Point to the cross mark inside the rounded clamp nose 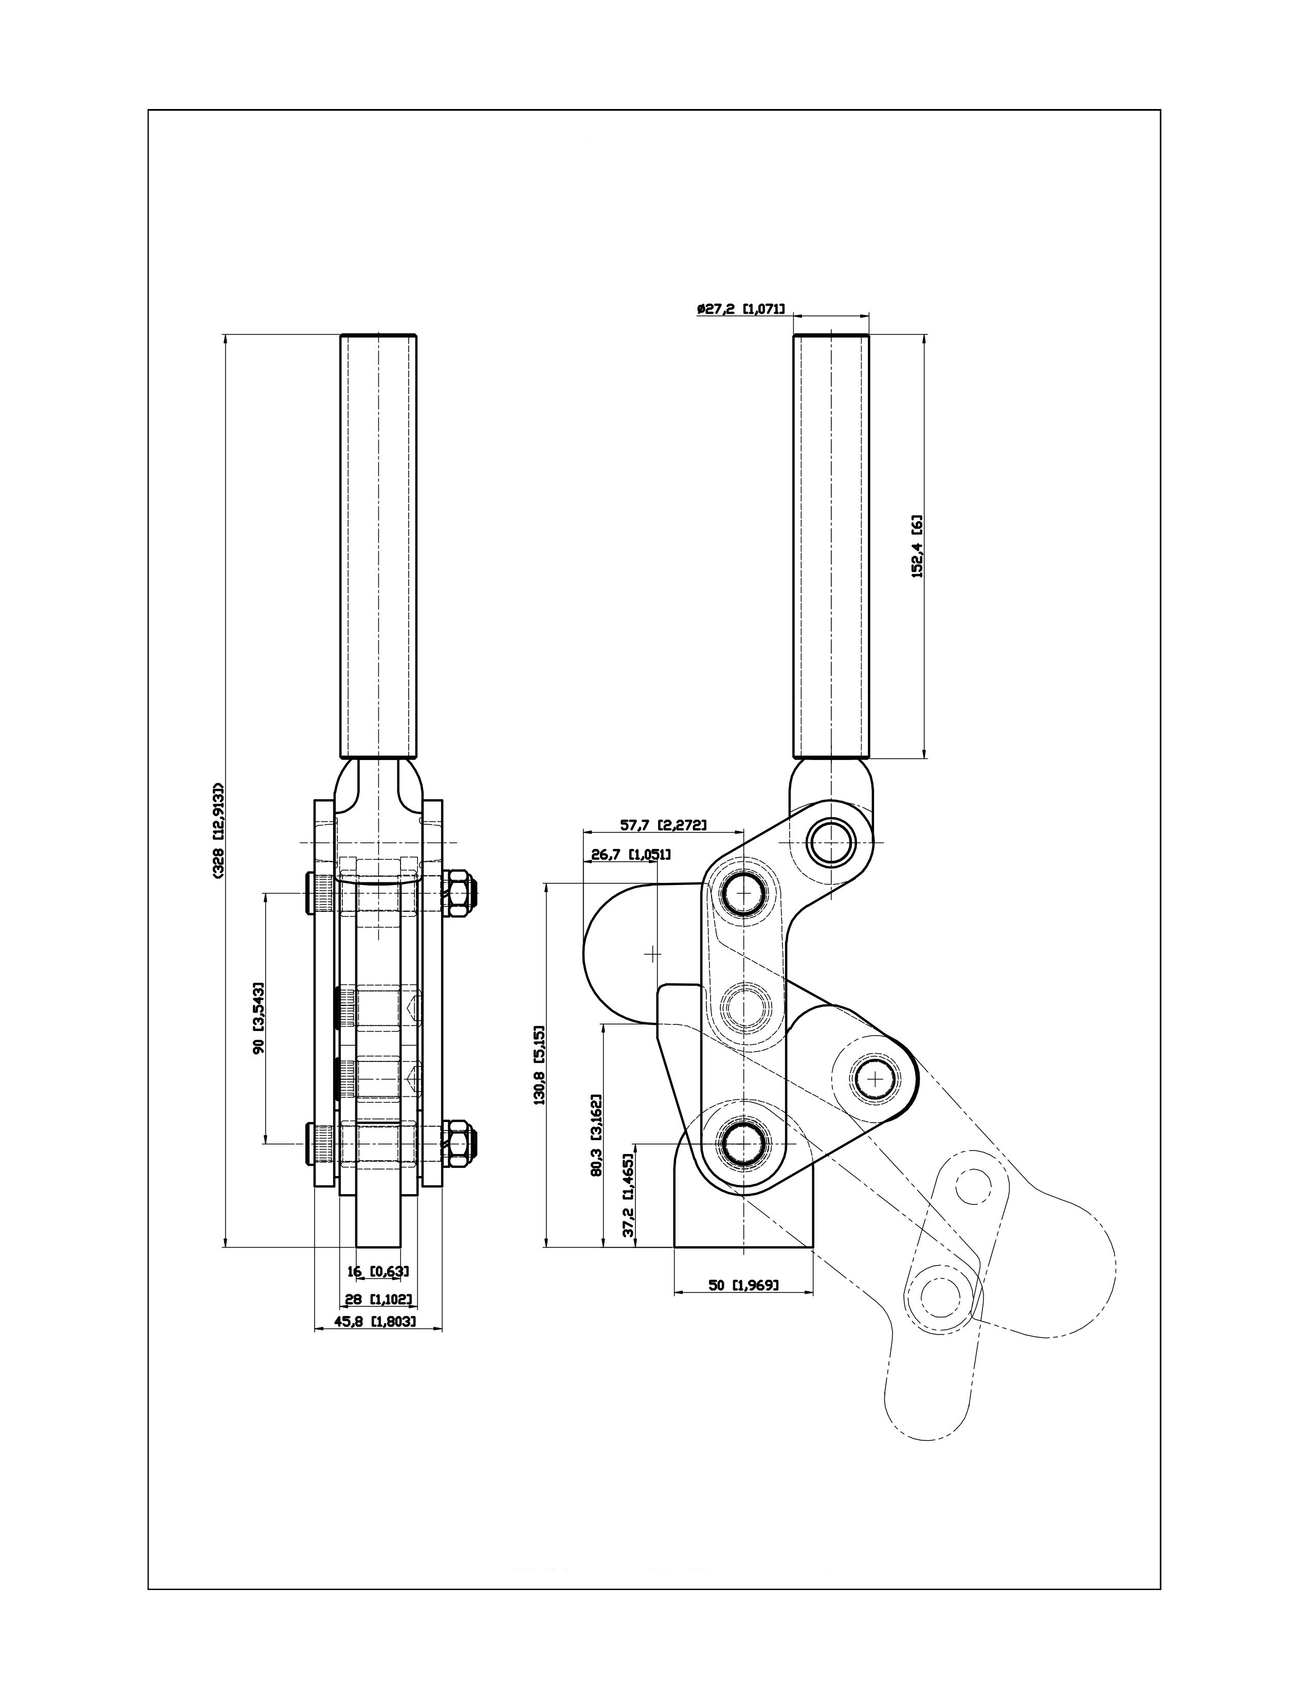tap(653, 952)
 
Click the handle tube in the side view tap(830, 546)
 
